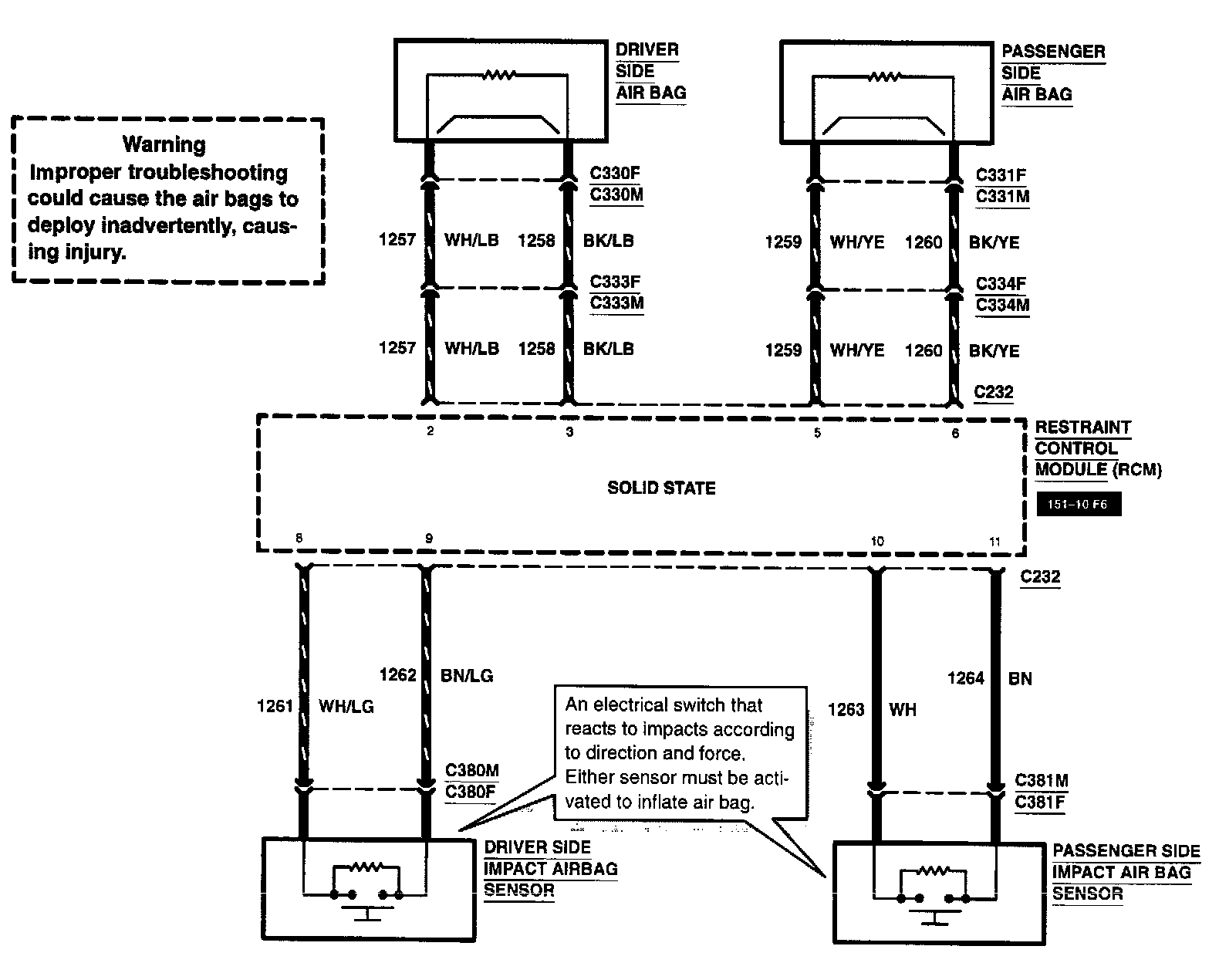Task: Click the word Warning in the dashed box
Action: pyautogui.click(x=164, y=144)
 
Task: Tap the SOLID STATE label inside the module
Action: pyautogui.click(x=661, y=488)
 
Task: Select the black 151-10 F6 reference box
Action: pyautogui.click(x=1079, y=504)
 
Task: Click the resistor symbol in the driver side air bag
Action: pyautogui.click(x=498, y=75)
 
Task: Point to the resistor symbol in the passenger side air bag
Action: pyautogui.click(x=884, y=76)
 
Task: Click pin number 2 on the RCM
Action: pyautogui.click(x=431, y=431)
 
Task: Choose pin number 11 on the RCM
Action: pyautogui.click(x=994, y=542)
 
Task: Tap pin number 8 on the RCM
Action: pyautogui.click(x=299, y=538)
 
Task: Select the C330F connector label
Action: pyautogui.click(x=615, y=173)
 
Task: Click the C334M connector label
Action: pyautogui.click(x=1002, y=306)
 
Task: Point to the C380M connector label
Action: pyautogui.click(x=472, y=770)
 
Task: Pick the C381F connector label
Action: pyautogui.click(x=1040, y=802)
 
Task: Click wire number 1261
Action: pyautogui.click(x=275, y=706)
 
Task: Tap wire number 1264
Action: pyautogui.click(x=966, y=678)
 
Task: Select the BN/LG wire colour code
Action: pyautogui.click(x=467, y=676)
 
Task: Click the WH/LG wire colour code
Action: pyautogui.click(x=346, y=707)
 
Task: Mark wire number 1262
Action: pyautogui.click(x=397, y=675)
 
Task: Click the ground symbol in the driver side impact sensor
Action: pyautogui.click(x=367, y=913)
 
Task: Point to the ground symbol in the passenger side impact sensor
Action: pyautogui.click(x=935, y=917)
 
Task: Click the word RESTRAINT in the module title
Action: pyautogui.click(x=1082, y=427)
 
